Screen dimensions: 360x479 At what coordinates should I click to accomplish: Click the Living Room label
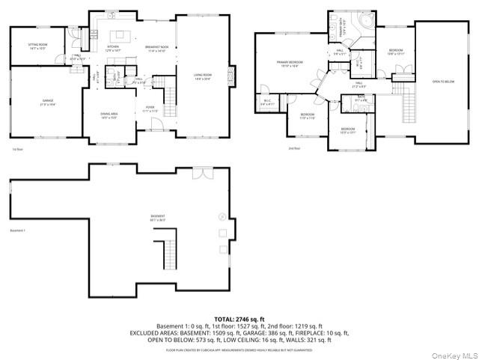tap(203, 76)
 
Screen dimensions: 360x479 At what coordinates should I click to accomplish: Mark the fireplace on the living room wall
tap(232, 75)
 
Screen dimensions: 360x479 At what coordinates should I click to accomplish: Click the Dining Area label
tap(109, 115)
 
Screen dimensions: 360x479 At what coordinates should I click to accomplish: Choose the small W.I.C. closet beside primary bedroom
tap(267, 103)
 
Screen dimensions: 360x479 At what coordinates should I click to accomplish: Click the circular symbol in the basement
tap(222, 217)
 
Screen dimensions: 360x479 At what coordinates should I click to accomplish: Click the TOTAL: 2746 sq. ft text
tap(239, 319)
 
